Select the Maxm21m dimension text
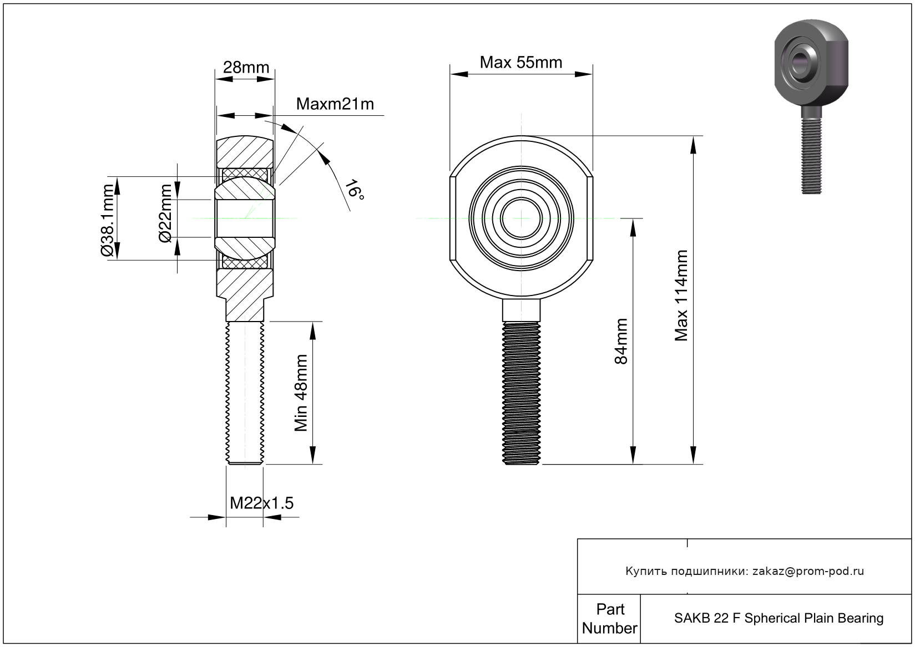pos(335,104)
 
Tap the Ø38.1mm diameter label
pos(108,220)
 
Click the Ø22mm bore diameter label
pos(166,213)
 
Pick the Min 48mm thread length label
pos(301,393)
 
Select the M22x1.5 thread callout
pos(261,503)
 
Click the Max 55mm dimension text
pos(520,62)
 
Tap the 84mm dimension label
pos(621,341)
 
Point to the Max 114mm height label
pos(681,296)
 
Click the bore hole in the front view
pos(522,218)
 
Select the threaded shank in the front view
pos(521,393)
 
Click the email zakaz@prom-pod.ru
pos(808,571)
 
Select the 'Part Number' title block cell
pos(609,619)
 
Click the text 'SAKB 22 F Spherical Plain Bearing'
pos(778,618)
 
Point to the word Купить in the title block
pos(646,571)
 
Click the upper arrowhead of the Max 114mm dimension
pos(693,145)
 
